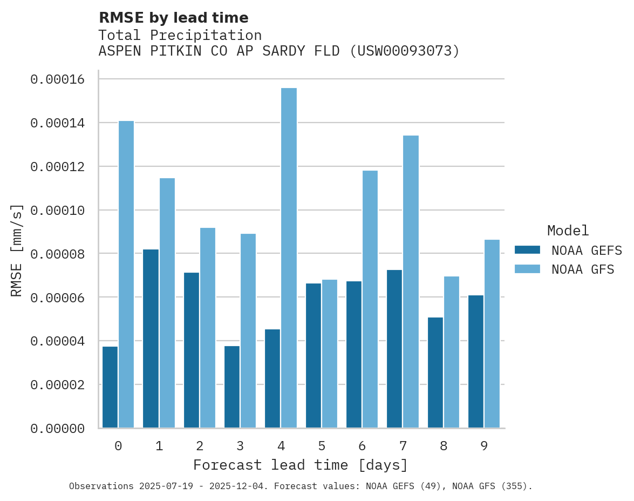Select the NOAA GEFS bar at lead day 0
[x=110, y=387]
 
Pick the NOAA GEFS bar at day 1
[x=151, y=338]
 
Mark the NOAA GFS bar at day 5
[x=329, y=354]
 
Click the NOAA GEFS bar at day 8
[x=435, y=373]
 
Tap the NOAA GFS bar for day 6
[x=370, y=299]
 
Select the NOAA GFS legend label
[x=583, y=269]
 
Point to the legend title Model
[x=568, y=231]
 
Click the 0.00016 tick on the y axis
[x=58, y=79]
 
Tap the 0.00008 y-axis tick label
[x=58, y=254]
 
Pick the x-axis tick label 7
[x=403, y=446]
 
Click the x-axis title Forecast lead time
[x=301, y=465]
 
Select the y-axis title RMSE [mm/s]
[x=17, y=250]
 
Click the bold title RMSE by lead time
[x=173, y=18]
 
